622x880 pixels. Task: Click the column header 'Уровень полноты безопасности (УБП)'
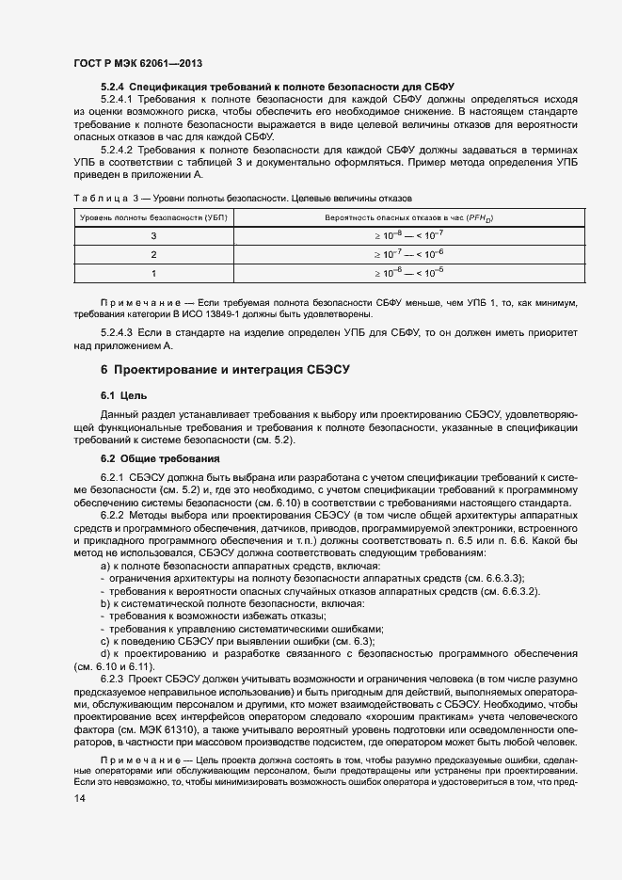[x=153, y=217]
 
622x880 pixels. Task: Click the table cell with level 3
[x=153, y=236]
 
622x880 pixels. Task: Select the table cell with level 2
[x=153, y=254]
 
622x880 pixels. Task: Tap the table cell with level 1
[x=153, y=272]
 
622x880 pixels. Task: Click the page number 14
[x=79, y=798]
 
